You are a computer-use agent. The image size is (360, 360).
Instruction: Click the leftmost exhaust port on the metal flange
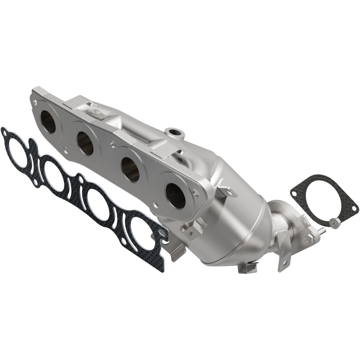click(x=48, y=121)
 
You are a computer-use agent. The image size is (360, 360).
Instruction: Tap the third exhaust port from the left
click(x=130, y=171)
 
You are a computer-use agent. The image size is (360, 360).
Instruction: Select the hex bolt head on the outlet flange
click(x=309, y=237)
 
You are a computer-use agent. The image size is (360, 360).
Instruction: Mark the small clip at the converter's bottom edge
click(x=247, y=268)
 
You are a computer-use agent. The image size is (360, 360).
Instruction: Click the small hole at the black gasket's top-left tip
click(x=5, y=132)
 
